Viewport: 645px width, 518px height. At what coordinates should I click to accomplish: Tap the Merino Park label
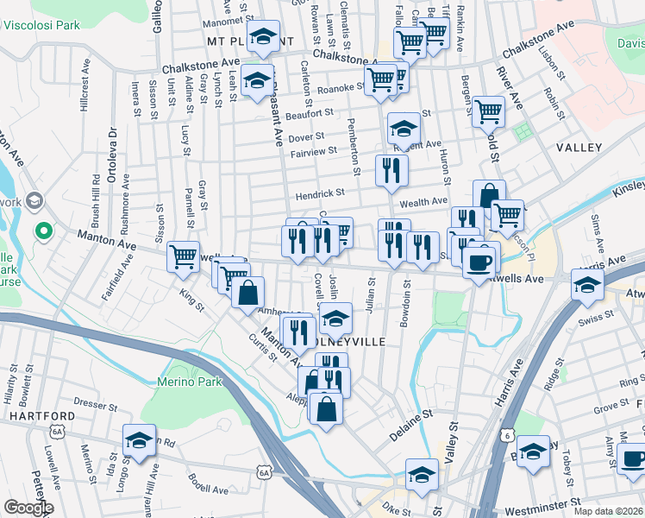pyautogui.click(x=190, y=382)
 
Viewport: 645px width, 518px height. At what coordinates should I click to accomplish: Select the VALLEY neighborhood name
pyautogui.click(x=579, y=148)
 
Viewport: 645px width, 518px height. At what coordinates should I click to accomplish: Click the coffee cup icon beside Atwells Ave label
pyautogui.click(x=479, y=261)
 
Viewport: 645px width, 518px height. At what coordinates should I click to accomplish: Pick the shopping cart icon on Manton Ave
pyautogui.click(x=183, y=256)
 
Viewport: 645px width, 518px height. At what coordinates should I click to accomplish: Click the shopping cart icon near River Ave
pyautogui.click(x=488, y=111)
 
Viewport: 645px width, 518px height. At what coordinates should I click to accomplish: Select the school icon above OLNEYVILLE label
pyautogui.click(x=335, y=318)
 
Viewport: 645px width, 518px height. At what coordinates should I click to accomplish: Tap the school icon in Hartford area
pyautogui.click(x=139, y=439)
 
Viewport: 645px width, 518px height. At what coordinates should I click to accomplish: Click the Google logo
pyautogui.click(x=28, y=508)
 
